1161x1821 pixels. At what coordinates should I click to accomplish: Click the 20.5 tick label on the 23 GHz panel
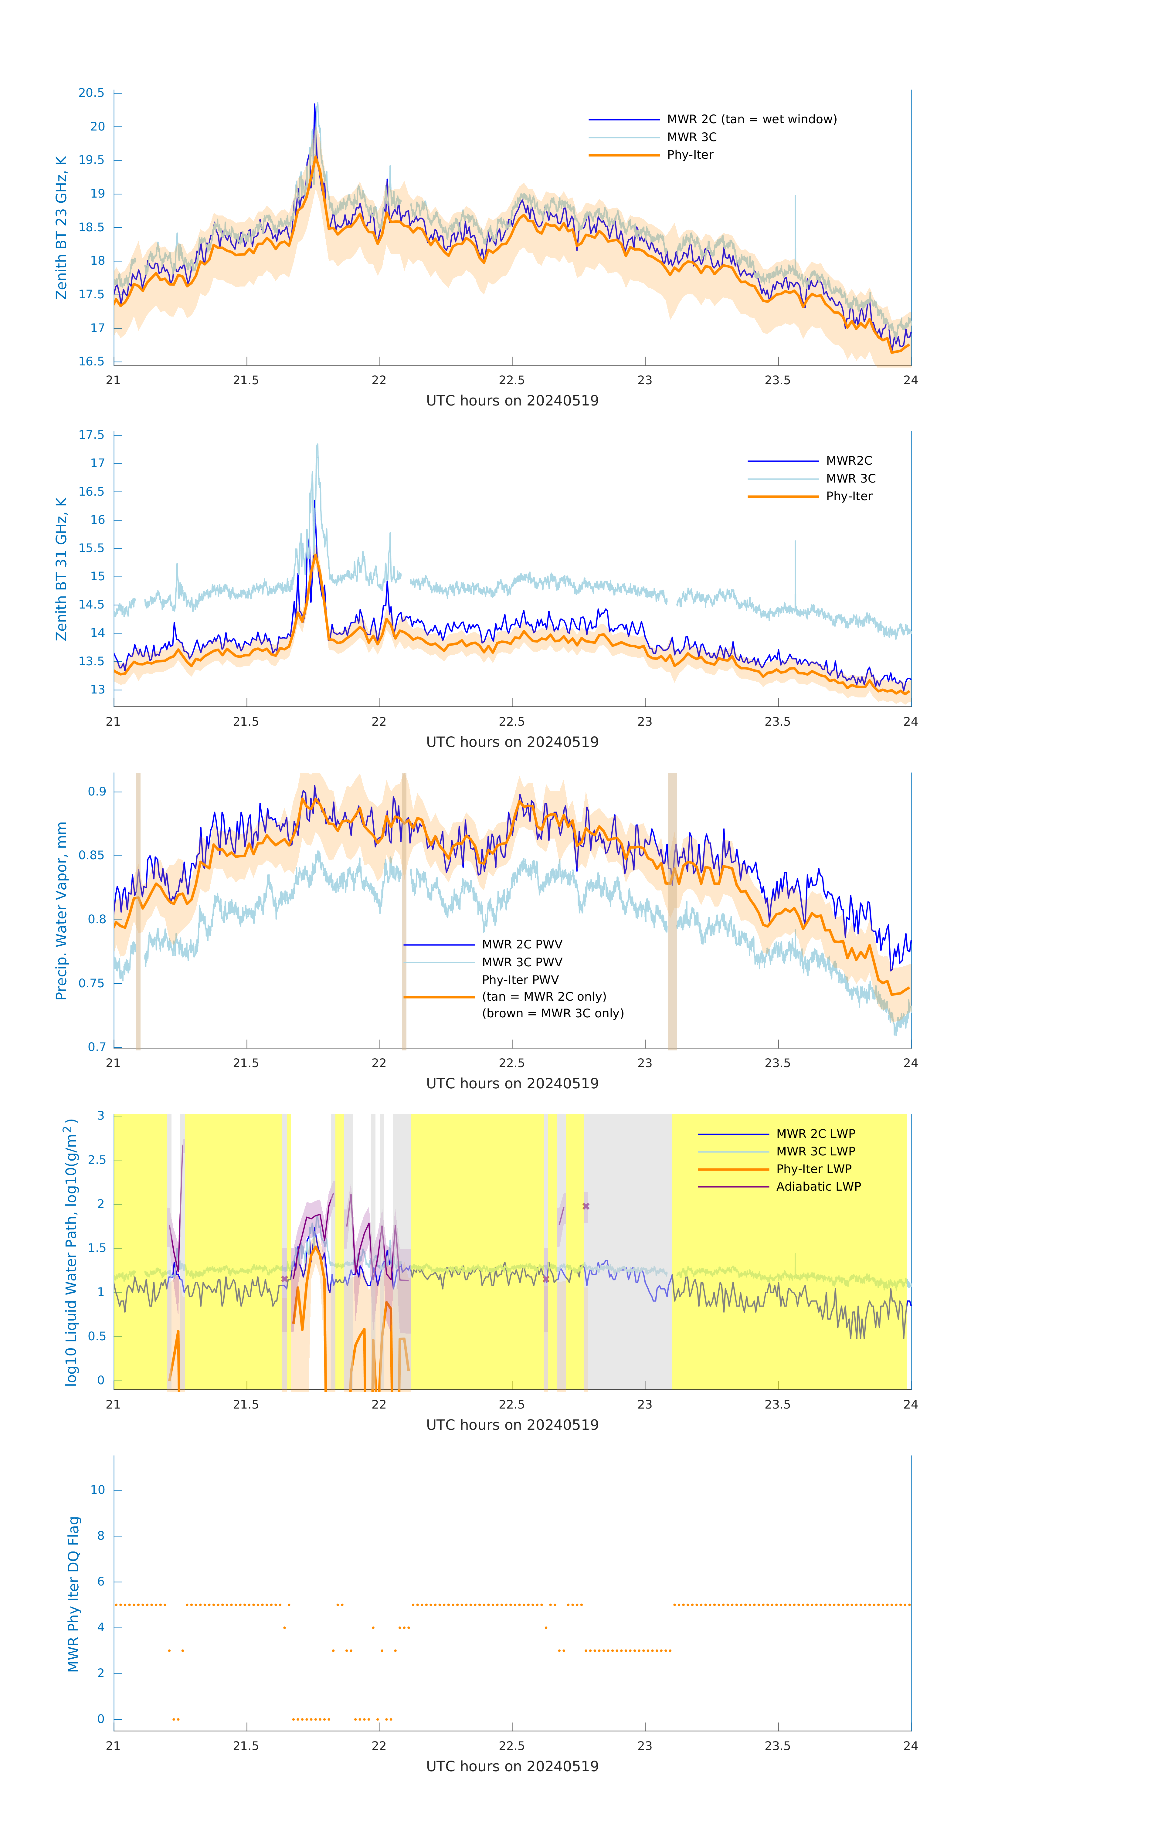pyautogui.click(x=92, y=93)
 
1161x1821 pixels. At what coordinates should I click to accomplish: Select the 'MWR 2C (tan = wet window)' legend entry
pyautogui.click(x=751, y=120)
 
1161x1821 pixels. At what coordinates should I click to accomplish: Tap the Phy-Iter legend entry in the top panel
pyautogui.click(x=690, y=155)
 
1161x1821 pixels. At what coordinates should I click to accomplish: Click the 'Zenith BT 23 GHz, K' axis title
pyautogui.click(x=61, y=228)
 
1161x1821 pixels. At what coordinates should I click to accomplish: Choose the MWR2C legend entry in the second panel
pyautogui.click(x=849, y=460)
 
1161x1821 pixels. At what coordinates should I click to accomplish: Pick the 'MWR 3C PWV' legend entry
pyautogui.click(x=522, y=962)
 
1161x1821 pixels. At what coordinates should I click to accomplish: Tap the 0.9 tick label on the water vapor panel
pyautogui.click(x=97, y=792)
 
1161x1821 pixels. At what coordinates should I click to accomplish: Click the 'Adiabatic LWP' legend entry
pyautogui.click(x=818, y=1186)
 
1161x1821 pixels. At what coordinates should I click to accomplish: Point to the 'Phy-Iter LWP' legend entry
pyautogui.click(x=814, y=1169)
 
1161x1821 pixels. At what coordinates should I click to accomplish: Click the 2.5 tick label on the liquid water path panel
pyautogui.click(x=97, y=1160)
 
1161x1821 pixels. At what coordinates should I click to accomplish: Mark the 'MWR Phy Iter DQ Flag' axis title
pyautogui.click(x=73, y=1594)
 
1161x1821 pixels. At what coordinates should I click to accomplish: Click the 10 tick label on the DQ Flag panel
pyautogui.click(x=97, y=1490)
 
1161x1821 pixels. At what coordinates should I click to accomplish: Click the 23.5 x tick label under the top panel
pyautogui.click(x=778, y=380)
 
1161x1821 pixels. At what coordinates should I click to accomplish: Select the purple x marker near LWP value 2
pyautogui.click(x=586, y=1206)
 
